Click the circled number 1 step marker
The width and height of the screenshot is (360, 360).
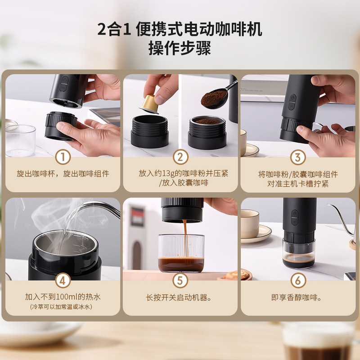[63, 157]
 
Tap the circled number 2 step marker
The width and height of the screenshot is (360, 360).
[180, 157]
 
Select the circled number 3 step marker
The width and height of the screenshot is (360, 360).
[298, 157]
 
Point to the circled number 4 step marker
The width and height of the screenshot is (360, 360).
[63, 280]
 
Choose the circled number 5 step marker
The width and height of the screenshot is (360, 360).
[180, 280]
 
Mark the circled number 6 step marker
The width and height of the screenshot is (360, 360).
[298, 280]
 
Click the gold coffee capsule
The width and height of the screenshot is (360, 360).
[150, 104]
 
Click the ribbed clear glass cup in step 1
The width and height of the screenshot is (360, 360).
[20, 140]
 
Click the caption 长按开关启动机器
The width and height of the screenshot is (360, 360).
[179, 297]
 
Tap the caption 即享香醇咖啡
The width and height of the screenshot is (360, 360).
[296, 297]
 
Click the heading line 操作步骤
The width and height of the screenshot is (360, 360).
[180, 48]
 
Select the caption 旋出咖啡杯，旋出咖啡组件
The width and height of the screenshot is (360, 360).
[63, 174]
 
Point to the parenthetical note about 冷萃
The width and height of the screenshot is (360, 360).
[61, 307]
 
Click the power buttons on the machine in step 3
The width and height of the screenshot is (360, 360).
[292, 102]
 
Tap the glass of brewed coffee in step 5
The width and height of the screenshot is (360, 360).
[181, 253]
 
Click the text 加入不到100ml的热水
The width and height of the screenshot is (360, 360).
[63, 297]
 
